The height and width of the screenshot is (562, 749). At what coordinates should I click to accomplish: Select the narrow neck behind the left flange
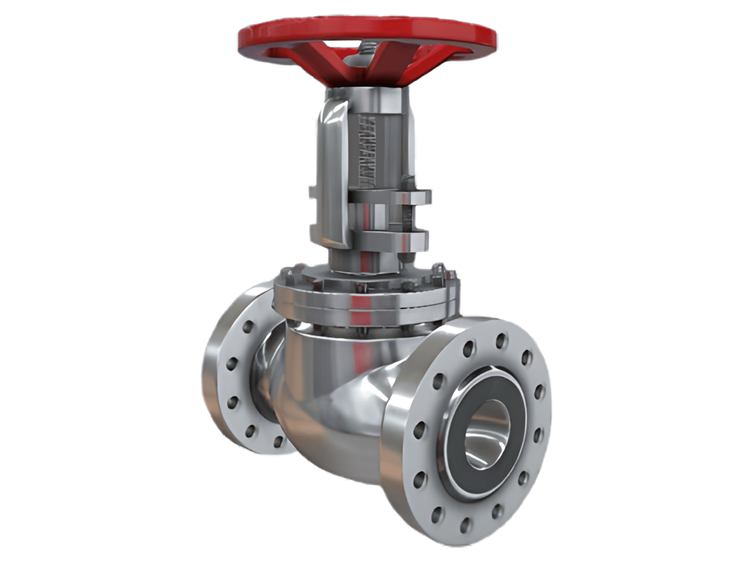265,375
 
